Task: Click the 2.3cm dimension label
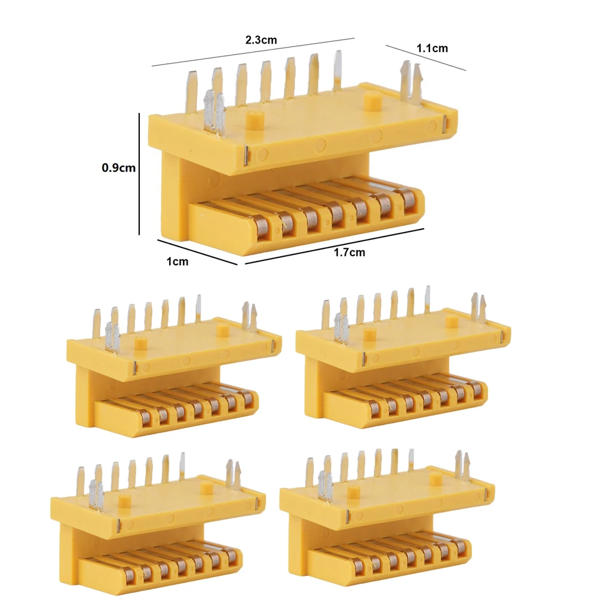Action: [x=261, y=41]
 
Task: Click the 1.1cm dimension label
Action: [x=431, y=48]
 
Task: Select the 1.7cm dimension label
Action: [x=349, y=252]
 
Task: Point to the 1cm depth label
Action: [x=178, y=261]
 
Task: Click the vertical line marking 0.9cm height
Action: [x=139, y=173]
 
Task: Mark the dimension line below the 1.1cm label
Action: [x=425, y=58]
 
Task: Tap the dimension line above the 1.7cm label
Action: [x=335, y=245]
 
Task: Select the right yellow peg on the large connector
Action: [x=372, y=100]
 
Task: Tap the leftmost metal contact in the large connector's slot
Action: [x=262, y=225]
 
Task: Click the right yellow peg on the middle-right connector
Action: [x=453, y=321]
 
